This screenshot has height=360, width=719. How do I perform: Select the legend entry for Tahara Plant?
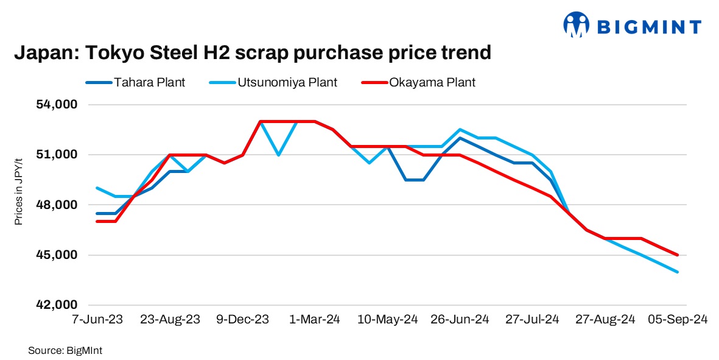[x=135, y=82]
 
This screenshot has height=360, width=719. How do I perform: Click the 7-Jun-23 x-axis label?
[x=98, y=319]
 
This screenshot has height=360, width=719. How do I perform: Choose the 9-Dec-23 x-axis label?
[x=243, y=319]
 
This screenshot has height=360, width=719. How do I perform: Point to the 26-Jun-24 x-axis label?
[x=460, y=319]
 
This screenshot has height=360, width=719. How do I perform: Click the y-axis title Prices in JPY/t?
[x=19, y=191]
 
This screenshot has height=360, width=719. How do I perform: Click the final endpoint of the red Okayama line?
[x=678, y=255]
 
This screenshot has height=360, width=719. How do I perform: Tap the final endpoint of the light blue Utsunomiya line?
[x=678, y=272]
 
